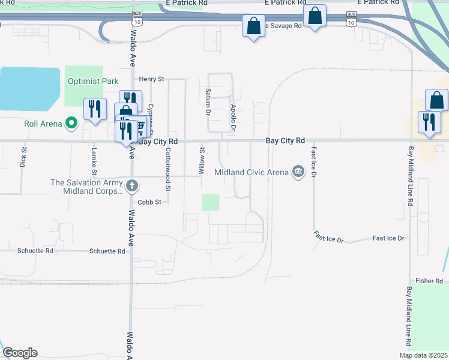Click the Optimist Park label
pos(93,81)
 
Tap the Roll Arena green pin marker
pos(72,124)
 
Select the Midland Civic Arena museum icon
pos(298,173)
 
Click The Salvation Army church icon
pos(133,186)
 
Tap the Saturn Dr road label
pos(208,101)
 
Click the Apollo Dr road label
pos(234,118)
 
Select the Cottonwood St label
pos(169,170)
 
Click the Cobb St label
pos(150,202)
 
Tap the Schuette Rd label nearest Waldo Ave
pos(107,251)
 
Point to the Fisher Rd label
pos(429,281)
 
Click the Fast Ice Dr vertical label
pos(313,161)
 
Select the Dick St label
pos(23,158)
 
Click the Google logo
pos(20,353)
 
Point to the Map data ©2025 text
pos(423,355)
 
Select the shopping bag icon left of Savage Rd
pos(253,26)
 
